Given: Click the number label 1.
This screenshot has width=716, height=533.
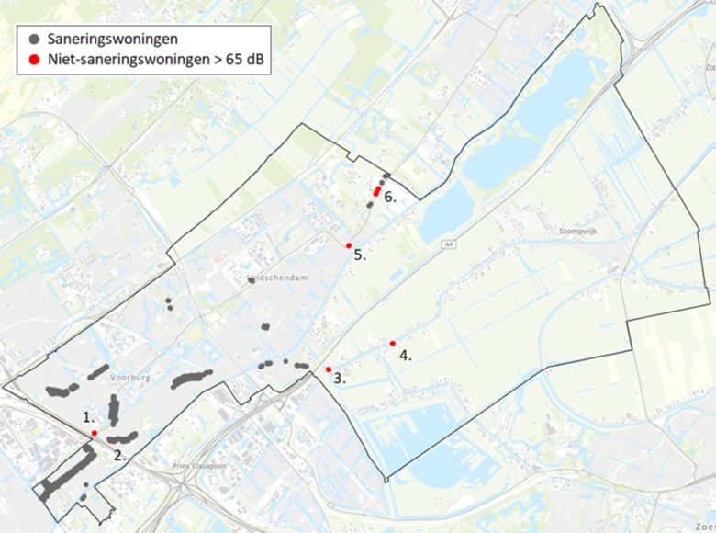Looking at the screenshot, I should (89, 417).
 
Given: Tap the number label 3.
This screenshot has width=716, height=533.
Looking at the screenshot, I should (339, 378).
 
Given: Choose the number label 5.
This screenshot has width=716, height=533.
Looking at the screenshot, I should (360, 255).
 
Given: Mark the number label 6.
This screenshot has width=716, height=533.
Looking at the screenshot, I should (389, 197).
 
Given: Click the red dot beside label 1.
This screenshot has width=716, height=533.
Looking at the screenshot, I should (95, 433).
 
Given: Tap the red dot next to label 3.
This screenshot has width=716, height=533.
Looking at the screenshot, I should (329, 369).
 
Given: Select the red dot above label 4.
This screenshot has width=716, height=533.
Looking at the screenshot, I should (393, 344).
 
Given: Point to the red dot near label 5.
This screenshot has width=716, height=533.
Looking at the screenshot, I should (349, 245).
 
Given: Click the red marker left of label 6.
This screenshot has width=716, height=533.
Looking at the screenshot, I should (376, 190).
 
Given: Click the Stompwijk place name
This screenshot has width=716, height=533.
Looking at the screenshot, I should (577, 232).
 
